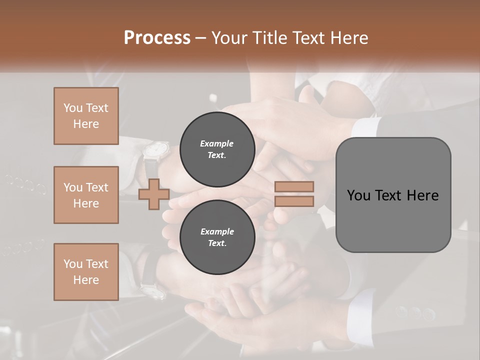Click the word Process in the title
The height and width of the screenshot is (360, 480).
pyautogui.click(x=157, y=38)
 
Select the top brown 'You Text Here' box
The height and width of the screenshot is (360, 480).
pyautogui.click(x=86, y=116)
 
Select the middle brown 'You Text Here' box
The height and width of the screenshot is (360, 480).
pyautogui.click(x=86, y=195)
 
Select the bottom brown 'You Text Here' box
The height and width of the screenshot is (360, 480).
pyautogui.click(x=86, y=271)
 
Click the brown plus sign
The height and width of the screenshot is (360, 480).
pyautogui.click(x=153, y=194)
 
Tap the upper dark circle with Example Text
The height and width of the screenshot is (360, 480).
pyautogui.click(x=217, y=149)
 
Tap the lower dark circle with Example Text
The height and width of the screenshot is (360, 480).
pyautogui.click(x=217, y=237)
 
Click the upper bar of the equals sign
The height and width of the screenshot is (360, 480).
pyautogui.click(x=294, y=187)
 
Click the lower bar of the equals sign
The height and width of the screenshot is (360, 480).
pyautogui.click(x=294, y=201)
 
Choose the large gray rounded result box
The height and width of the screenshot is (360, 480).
pyautogui.click(x=393, y=195)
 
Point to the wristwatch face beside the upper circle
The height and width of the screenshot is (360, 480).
pyautogui.click(x=156, y=149)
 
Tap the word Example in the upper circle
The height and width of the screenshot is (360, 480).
pyautogui.click(x=217, y=143)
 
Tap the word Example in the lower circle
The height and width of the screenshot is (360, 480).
pyautogui.click(x=217, y=231)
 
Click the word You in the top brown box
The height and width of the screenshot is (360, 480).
pyautogui.click(x=72, y=108)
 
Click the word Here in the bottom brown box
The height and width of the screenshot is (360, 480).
pyautogui.click(x=86, y=280)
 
